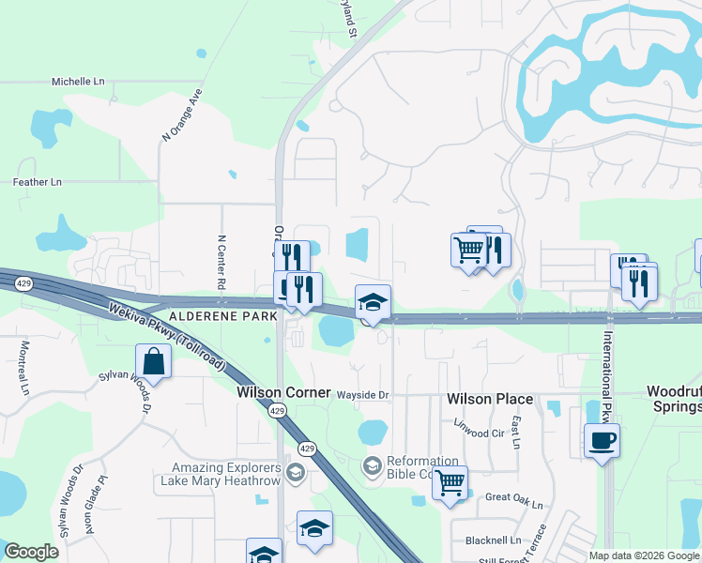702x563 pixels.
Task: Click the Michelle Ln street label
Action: [x=78, y=82]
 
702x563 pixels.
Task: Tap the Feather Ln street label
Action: [x=37, y=181]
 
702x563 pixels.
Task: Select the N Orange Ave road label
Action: [x=182, y=115]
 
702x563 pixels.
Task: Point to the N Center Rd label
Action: [x=221, y=262]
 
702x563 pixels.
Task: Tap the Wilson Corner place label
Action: [x=283, y=392]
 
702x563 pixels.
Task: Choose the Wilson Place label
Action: [x=490, y=399]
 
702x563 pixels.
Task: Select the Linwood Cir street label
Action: [x=479, y=434]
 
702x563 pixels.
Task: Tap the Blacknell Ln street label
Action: [x=493, y=540]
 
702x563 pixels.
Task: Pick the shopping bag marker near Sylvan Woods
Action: [x=153, y=362]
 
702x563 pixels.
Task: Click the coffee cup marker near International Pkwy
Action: [x=602, y=440]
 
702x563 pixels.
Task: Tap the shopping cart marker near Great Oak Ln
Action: [x=450, y=483]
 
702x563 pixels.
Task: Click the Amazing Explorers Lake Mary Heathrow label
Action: [x=226, y=474]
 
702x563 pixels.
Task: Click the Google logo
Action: [x=31, y=552]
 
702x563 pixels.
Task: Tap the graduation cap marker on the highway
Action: [x=373, y=303]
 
